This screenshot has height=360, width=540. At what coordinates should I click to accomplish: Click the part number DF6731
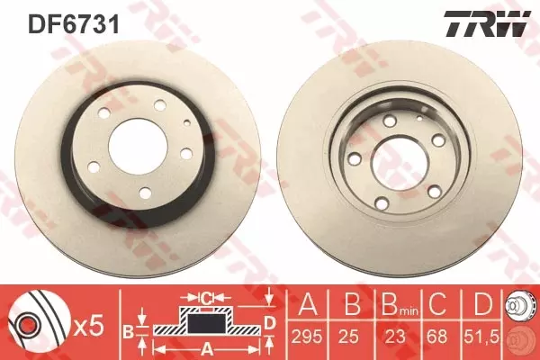(74, 23)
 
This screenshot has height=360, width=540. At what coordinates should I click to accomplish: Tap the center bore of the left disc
(138, 147)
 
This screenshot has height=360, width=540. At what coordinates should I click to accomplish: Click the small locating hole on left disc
(187, 121)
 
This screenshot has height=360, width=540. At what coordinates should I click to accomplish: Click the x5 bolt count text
(89, 326)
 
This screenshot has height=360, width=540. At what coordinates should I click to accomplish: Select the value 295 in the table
(307, 337)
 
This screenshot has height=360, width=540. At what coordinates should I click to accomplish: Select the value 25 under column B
(348, 337)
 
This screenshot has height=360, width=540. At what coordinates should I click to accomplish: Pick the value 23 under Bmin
(395, 337)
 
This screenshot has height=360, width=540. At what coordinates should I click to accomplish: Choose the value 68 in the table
(436, 337)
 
